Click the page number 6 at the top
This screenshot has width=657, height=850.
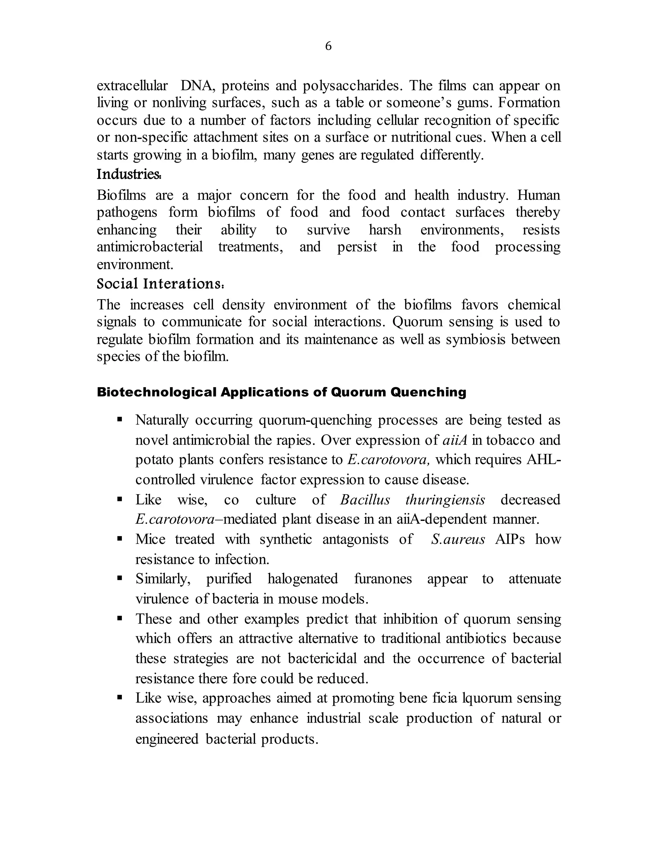click(x=328, y=46)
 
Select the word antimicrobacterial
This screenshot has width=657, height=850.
click(x=150, y=247)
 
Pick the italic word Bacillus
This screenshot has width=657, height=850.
click(x=365, y=500)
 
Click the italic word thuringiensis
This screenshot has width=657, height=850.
click(x=445, y=500)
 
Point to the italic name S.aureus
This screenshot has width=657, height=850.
click(x=458, y=540)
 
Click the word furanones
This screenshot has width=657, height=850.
click(x=383, y=579)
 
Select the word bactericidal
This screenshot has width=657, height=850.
click(x=322, y=659)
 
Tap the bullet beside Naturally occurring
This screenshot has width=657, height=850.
click(x=120, y=420)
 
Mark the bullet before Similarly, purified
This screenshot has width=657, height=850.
click(x=120, y=578)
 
